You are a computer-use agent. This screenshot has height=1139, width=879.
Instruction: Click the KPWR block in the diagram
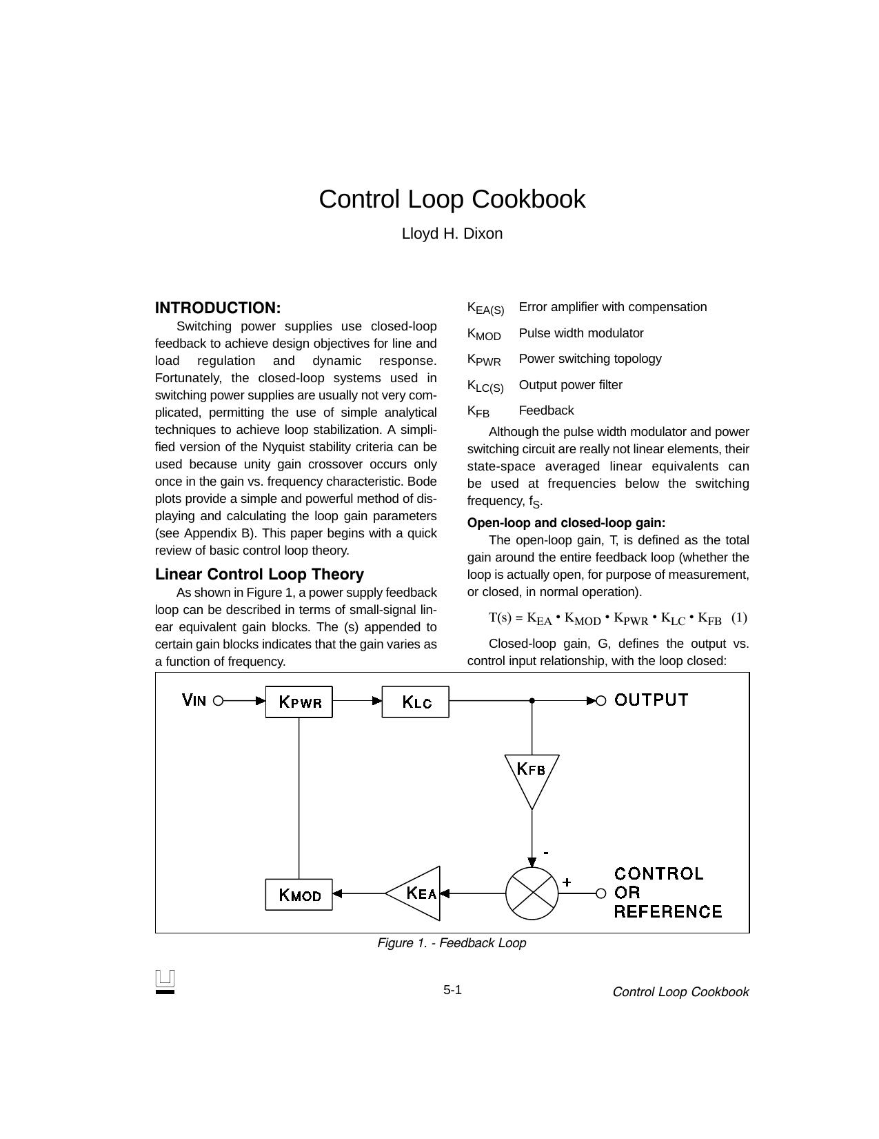coord(299,702)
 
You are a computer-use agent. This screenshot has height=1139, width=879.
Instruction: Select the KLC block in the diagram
coord(415,702)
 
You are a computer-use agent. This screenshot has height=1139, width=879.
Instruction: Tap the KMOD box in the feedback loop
coord(299,895)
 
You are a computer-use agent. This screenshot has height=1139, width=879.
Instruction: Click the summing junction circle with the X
coord(532,893)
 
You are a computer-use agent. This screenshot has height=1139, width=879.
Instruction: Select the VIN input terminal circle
coord(218,701)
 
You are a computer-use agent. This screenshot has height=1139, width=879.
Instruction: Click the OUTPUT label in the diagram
coord(651,700)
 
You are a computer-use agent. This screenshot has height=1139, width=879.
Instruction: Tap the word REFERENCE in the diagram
coord(667,912)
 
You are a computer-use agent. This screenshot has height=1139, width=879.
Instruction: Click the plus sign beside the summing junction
coord(567,882)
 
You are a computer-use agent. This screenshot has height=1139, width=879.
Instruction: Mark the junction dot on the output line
coord(532,701)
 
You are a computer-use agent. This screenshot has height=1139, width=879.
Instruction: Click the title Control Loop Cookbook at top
coord(452,199)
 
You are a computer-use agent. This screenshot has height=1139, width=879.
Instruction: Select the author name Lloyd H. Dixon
coord(452,234)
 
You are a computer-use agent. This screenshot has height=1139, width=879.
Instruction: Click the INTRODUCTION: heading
coord(218,308)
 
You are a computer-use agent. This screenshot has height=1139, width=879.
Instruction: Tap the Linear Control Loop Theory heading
coord(259,574)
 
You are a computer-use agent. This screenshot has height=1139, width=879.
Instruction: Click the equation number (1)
coord(738,617)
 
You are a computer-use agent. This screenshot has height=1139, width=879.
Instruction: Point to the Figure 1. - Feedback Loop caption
coord(452,943)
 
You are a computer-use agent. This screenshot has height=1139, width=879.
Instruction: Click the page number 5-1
coord(452,991)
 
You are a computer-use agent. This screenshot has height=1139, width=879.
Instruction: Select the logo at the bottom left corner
coord(165,982)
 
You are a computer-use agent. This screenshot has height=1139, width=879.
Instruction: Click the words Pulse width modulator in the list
coord(581,333)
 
